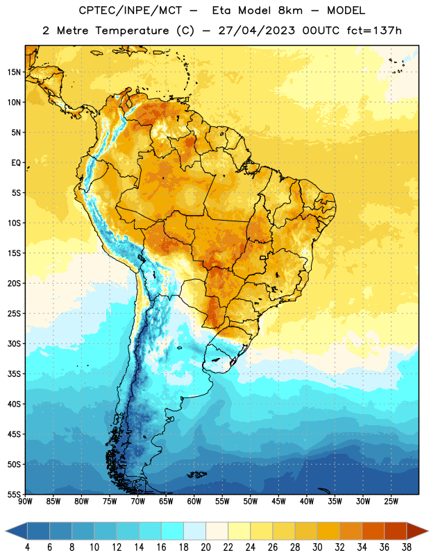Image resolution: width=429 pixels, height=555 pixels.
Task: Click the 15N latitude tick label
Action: point(14,72)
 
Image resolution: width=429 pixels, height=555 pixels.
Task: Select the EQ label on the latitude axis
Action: point(16,163)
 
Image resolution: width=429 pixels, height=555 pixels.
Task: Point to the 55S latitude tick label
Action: point(14,494)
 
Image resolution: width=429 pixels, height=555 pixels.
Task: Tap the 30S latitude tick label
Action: point(14,343)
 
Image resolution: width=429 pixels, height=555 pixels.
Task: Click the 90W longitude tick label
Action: point(25,501)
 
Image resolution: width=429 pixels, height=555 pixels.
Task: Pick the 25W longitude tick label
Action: point(391,501)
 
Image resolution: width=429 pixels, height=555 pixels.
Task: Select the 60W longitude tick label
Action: point(194,501)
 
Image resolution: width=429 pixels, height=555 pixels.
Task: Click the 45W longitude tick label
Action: point(278,501)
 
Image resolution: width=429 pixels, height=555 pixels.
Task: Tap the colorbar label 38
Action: point(407,547)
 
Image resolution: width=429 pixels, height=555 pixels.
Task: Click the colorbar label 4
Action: point(27,547)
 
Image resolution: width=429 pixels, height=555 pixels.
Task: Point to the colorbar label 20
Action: point(205,547)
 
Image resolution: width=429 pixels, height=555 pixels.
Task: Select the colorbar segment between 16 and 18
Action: point(173,531)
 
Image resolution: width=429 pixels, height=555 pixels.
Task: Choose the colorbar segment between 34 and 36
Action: point(373,531)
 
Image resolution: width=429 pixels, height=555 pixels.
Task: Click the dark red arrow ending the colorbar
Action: point(417,531)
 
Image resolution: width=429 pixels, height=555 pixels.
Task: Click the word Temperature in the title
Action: point(132,31)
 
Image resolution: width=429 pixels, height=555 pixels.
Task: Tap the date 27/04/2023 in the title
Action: point(256,31)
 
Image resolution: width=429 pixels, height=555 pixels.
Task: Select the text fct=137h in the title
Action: point(374,31)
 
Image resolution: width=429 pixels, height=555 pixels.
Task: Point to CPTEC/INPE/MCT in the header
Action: point(131,10)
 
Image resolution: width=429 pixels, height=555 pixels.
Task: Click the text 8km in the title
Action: point(290,10)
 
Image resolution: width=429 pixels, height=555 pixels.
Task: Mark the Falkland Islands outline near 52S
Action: point(197,475)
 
